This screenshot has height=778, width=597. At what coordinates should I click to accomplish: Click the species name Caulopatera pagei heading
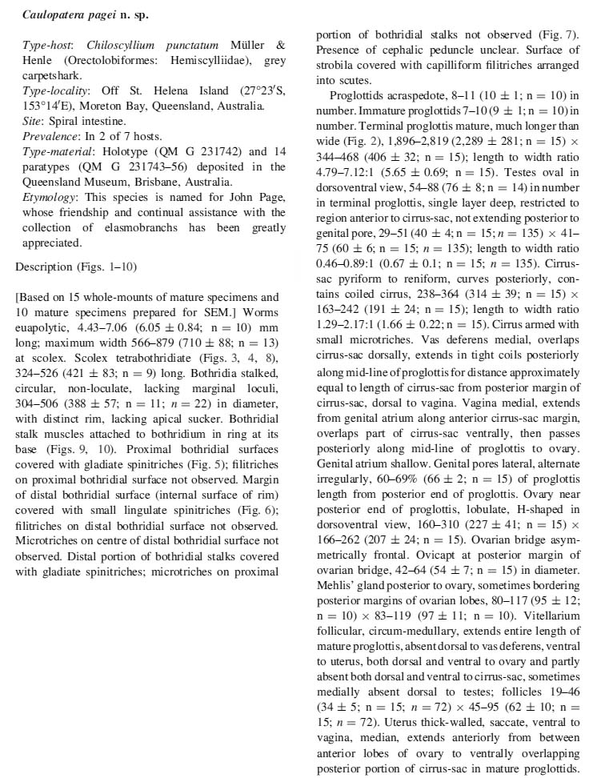tap(73, 14)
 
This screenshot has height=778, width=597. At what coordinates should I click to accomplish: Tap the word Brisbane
tap(150, 182)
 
